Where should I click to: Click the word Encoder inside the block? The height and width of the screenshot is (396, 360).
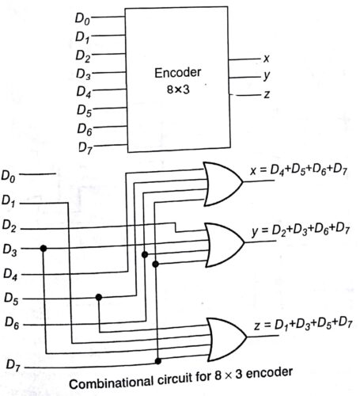pos(176,73)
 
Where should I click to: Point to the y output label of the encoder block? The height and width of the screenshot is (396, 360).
pos(266,78)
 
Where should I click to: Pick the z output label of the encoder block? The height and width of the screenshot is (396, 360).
pos(266,96)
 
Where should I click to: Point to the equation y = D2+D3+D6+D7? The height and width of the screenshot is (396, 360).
pos(301,230)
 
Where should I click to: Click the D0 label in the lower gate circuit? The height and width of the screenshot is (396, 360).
pos(12,173)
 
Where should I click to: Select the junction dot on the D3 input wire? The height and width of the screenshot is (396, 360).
pos(44,249)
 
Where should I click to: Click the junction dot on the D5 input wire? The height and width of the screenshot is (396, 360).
pos(99,298)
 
